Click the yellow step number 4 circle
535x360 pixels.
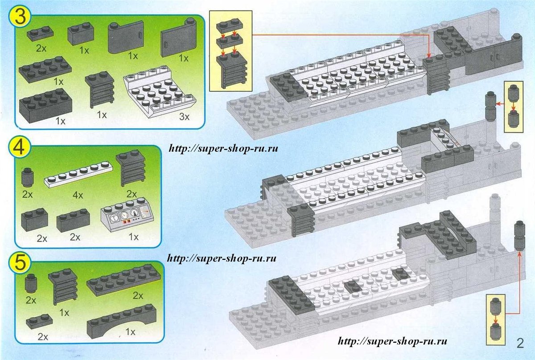point(20,147)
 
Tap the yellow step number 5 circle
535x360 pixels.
point(20,262)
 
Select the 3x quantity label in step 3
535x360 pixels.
point(184,117)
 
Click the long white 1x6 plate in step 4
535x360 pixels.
point(78,175)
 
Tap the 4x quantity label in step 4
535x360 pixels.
point(78,195)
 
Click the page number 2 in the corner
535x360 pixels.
point(520,344)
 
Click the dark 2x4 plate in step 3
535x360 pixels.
point(45,70)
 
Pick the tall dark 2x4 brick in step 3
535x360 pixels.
point(45,106)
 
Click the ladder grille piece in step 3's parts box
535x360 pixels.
point(99,89)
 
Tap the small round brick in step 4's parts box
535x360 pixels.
point(27,177)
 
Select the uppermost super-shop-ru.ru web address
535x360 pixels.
point(223,148)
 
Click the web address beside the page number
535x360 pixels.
point(392,341)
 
